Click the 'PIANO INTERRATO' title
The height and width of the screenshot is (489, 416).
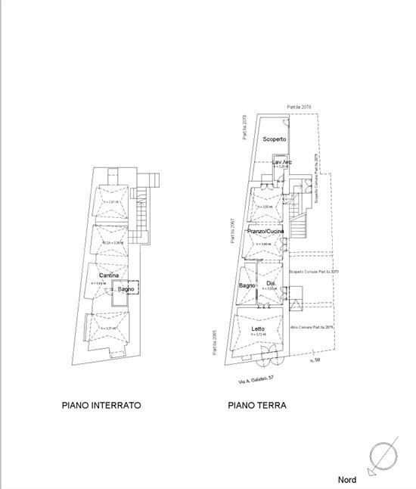coord(101,406)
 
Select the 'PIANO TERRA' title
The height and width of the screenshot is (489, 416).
coord(257,406)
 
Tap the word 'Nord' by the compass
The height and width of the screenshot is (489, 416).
coord(348,480)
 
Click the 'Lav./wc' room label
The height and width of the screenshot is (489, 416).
coord(282,162)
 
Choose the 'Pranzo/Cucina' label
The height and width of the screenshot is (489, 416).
coord(265,231)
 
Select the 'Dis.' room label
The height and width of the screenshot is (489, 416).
coord(271,284)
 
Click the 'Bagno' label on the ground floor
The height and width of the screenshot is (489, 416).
coord(247,285)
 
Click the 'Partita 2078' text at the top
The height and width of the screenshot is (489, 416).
coord(299,108)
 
